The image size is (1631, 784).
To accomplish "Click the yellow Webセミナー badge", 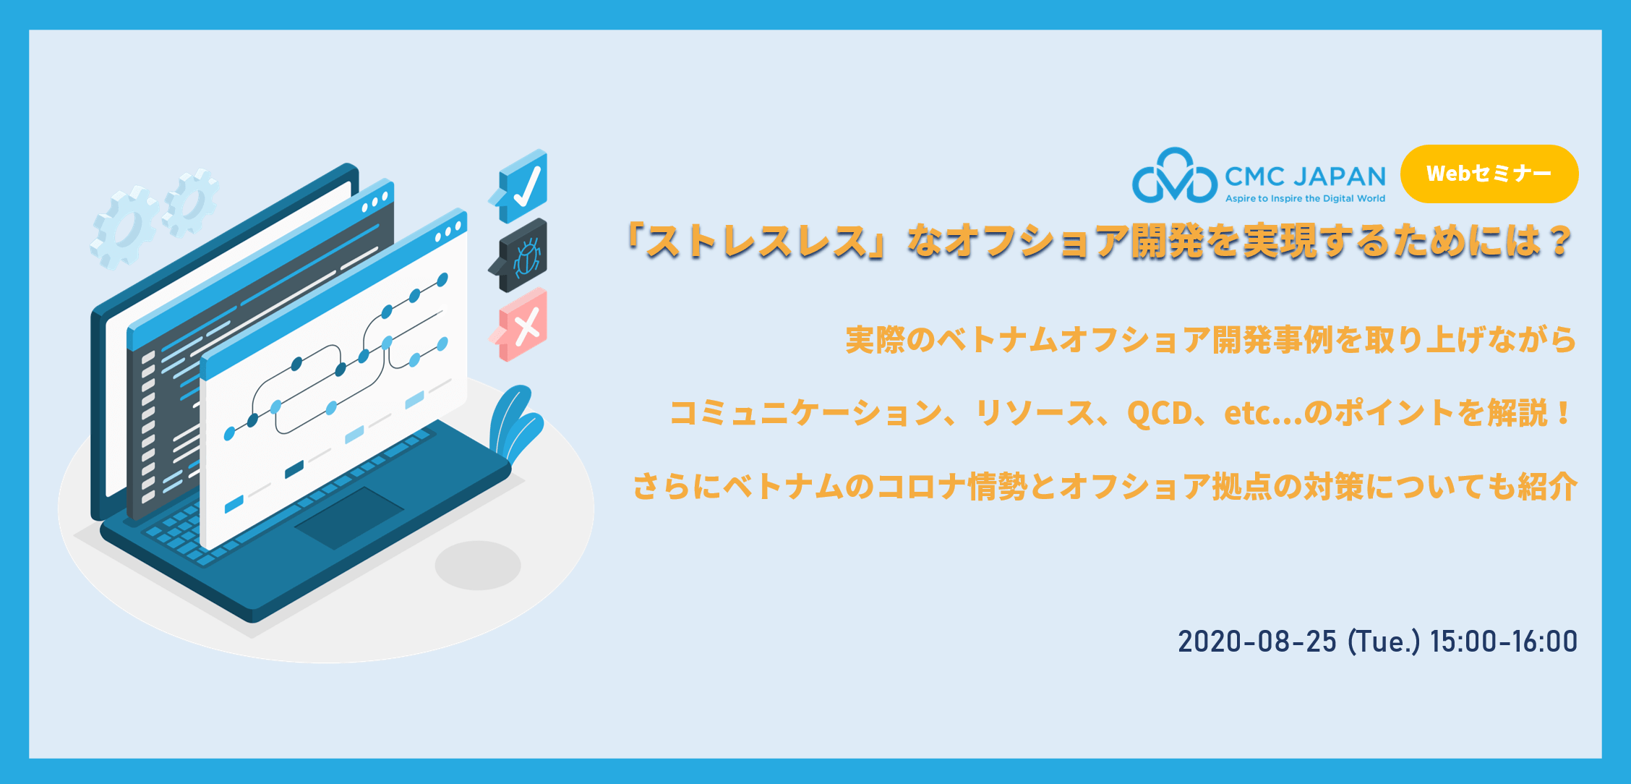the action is pyautogui.click(x=1489, y=174).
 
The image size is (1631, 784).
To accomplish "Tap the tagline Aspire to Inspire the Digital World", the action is pyautogui.click(x=1305, y=198).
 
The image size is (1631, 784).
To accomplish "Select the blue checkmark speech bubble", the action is pyautogui.click(x=519, y=186).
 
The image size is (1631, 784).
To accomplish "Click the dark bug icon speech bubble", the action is pyautogui.click(x=519, y=255).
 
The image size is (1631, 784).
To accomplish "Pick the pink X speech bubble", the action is pyautogui.click(x=519, y=325).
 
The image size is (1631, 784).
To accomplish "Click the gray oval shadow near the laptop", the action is pyautogui.click(x=478, y=565).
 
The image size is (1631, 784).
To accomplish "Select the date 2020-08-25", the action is pyautogui.click(x=1257, y=642).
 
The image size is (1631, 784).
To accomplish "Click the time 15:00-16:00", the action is pyautogui.click(x=1504, y=642).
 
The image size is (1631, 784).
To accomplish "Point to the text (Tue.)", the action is pyautogui.click(x=1384, y=642).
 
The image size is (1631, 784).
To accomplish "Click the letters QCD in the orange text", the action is pyautogui.click(x=1159, y=413).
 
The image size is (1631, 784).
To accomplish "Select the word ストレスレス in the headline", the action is pyautogui.click(x=756, y=242).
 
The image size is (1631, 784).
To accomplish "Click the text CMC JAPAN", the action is pyautogui.click(x=1305, y=176).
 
